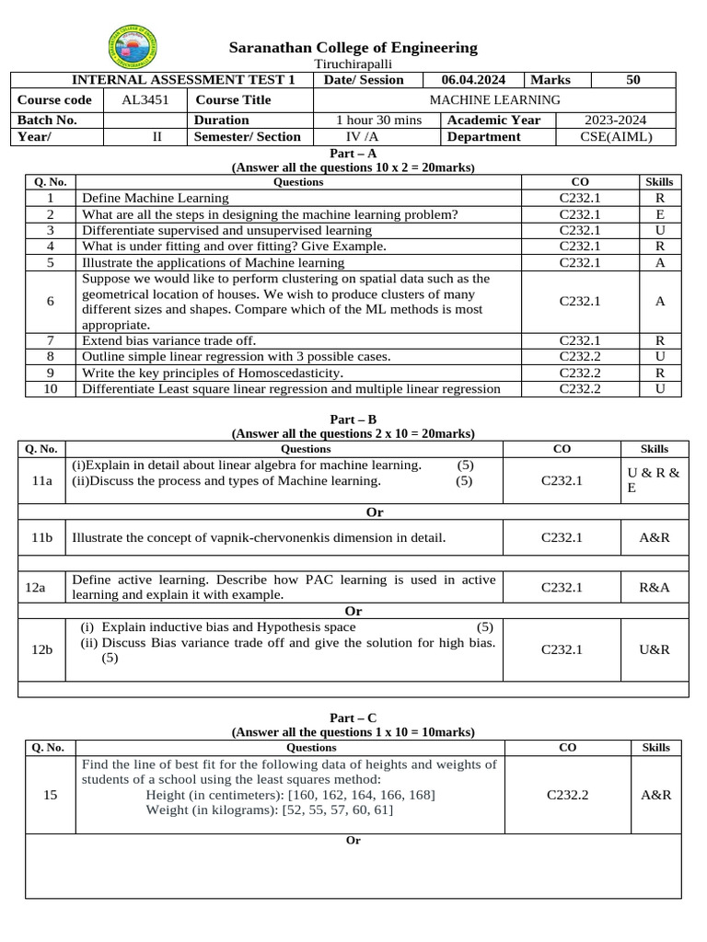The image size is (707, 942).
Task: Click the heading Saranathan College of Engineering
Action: point(353,47)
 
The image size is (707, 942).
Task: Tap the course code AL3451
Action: point(145,99)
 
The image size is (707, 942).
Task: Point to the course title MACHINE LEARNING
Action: point(494,99)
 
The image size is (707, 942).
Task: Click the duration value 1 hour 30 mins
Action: point(378,120)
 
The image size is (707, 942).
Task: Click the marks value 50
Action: point(632,80)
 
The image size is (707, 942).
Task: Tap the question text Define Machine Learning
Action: point(156,198)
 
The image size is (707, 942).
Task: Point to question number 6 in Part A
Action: point(51,301)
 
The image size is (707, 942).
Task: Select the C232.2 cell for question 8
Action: point(580,356)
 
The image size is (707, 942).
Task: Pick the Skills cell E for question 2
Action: point(660,214)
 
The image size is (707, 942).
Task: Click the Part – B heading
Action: point(353,419)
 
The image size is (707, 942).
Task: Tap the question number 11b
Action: point(41,537)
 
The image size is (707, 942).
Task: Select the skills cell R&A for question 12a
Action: point(654,587)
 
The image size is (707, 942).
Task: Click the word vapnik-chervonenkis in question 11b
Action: point(277,537)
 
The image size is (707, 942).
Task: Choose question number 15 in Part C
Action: point(51,795)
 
